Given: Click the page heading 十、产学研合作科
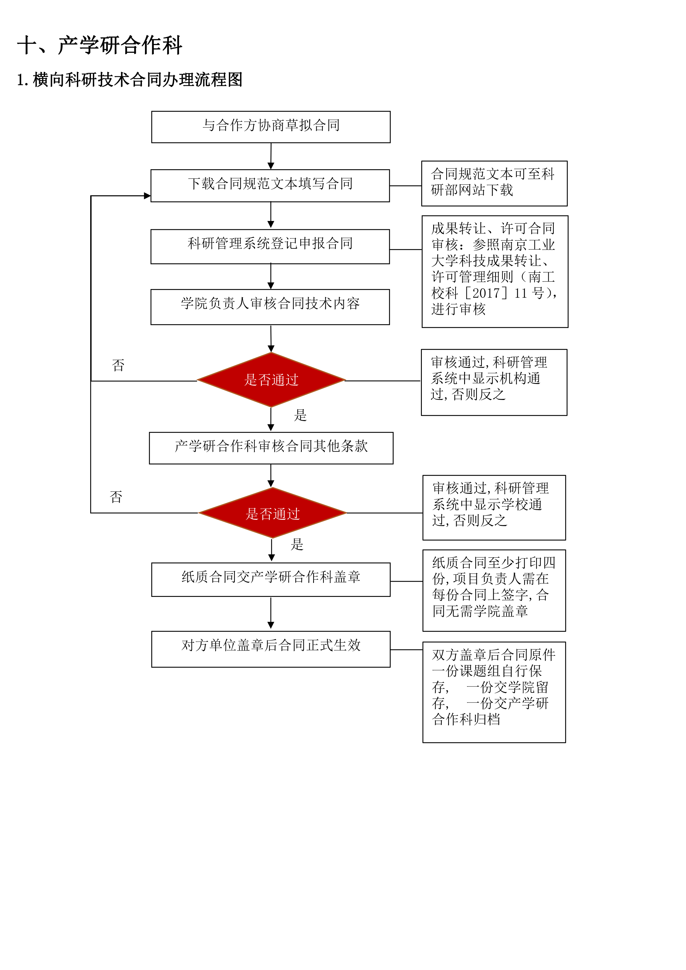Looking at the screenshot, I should (99, 45).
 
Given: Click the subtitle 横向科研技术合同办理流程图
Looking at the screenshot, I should (137, 79).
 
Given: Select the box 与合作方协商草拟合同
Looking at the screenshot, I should (271, 127).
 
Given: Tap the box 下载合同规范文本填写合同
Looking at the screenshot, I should (270, 186).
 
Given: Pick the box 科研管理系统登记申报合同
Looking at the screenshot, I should (270, 246).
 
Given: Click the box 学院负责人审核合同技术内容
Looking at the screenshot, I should (270, 307).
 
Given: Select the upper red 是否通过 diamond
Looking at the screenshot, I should (271, 380).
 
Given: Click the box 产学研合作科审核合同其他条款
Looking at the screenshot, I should (271, 448).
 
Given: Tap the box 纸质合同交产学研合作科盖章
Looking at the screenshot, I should (271, 579).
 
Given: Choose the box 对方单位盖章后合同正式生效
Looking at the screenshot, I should (271, 649).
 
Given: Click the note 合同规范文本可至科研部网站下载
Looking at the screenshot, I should (494, 183).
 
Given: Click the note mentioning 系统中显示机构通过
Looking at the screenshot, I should (494, 382).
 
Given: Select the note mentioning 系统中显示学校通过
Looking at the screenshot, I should (494, 507).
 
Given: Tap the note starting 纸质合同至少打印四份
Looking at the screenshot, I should (494, 590).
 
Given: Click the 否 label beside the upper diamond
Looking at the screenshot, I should (118, 365).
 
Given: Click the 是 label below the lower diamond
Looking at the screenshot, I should (297, 544).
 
